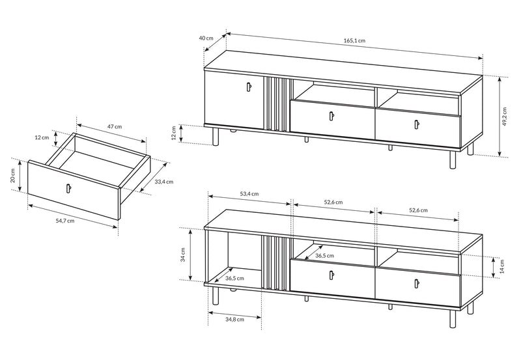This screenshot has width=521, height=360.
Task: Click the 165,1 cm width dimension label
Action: click(354, 40)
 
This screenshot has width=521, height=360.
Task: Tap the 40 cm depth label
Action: click(206, 38)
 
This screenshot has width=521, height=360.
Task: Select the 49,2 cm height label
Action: click(505, 117)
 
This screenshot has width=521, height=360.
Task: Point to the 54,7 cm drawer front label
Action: click(65, 221)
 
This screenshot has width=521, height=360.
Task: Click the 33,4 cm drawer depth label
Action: click(164, 182)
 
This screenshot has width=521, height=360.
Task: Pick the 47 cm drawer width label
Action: click(115, 126)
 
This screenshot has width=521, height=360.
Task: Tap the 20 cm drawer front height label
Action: click(12, 176)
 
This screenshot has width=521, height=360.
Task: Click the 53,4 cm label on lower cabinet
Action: click(249, 194)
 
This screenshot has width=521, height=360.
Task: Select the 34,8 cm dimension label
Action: click(234, 320)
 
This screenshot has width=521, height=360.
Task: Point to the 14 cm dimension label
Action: click(501, 266)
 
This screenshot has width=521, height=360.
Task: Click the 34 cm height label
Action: click(183, 255)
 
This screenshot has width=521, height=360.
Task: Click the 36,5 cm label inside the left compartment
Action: click(234, 279)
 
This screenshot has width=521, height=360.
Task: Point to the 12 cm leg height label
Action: click(173, 133)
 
